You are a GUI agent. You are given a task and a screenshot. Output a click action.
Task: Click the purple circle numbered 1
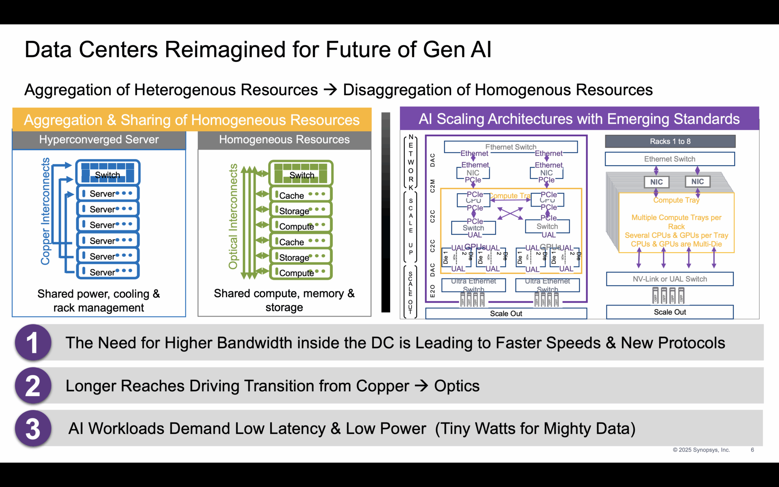[x=33, y=342]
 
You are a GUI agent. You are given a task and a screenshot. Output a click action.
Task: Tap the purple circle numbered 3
[x=33, y=428]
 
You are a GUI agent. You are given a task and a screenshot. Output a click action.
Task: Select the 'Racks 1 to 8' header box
[x=670, y=142]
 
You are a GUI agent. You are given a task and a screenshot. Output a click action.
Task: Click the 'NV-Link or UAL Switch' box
[x=669, y=279]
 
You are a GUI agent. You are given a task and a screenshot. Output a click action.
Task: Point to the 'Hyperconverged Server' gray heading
[x=99, y=140]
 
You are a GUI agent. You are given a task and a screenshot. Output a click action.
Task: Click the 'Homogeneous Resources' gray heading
[x=284, y=140]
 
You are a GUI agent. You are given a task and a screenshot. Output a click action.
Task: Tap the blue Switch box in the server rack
[x=108, y=172]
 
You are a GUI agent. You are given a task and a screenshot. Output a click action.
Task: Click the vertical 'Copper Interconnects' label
[x=45, y=211]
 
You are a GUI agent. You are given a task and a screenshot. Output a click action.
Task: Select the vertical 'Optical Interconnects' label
[x=233, y=216]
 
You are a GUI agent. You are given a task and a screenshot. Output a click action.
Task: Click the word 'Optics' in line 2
[x=456, y=386]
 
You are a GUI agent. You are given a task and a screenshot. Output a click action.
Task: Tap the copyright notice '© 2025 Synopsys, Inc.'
[x=701, y=450]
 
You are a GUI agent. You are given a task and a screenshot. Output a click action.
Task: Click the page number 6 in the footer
[x=752, y=450]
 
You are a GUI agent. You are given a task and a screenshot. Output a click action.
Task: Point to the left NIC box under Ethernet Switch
[x=656, y=182]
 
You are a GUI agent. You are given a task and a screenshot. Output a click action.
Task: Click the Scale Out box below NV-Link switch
[x=669, y=312]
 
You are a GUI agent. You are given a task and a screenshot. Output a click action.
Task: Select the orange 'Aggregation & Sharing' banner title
[x=192, y=120]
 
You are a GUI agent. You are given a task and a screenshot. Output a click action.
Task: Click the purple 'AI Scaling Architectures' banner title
[x=579, y=119]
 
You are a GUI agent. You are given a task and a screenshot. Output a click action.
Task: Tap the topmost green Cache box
[x=300, y=195]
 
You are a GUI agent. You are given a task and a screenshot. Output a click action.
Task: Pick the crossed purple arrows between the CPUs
[x=510, y=213]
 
